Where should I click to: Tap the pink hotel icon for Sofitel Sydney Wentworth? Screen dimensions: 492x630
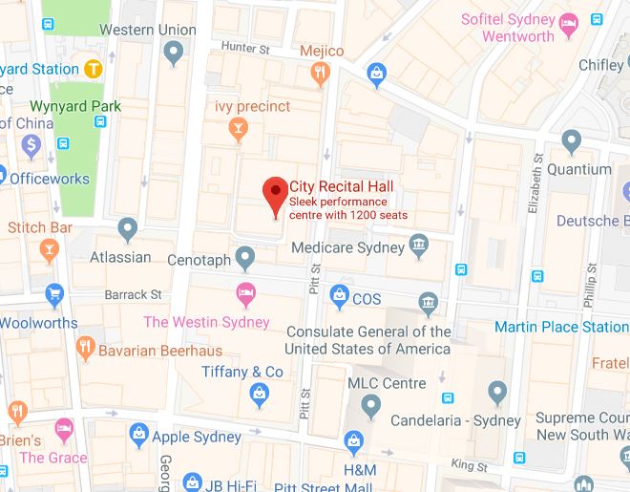point(571,22)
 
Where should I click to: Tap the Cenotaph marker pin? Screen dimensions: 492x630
point(245,256)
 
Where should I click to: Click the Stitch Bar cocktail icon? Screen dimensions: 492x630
point(47,251)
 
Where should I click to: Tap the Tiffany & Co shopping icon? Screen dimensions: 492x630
point(258,392)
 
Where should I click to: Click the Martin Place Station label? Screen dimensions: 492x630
point(561,328)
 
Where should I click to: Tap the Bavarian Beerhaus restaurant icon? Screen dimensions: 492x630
point(86,349)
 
